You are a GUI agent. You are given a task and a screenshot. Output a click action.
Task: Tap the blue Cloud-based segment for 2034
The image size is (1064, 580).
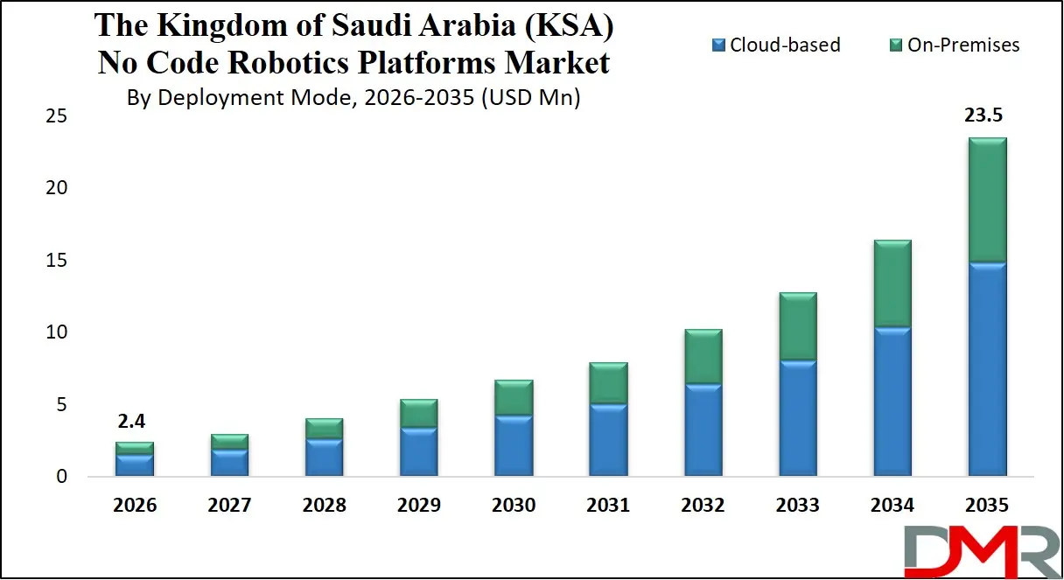(x=892, y=402)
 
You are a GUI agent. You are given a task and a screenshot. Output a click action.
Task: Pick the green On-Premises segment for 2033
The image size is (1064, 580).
(x=797, y=326)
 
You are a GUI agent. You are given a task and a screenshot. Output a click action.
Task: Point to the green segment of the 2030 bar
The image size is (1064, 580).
(x=514, y=397)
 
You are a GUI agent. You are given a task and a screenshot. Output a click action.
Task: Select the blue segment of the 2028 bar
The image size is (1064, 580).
(x=324, y=458)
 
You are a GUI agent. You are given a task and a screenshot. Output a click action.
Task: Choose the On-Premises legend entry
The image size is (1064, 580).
(x=955, y=45)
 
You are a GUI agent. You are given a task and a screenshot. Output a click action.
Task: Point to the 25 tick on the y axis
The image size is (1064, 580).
(x=57, y=115)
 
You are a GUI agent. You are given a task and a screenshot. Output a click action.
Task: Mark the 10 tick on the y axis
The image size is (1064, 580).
(x=57, y=332)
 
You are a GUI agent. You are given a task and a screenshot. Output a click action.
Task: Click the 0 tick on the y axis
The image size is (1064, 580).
(x=61, y=477)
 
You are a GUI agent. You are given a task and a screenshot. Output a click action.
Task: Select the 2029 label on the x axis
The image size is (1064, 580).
(x=418, y=505)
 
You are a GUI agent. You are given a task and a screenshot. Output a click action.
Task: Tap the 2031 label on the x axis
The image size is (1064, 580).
(x=608, y=505)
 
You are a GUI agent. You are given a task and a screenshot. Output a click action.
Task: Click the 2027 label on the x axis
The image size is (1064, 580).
(x=229, y=505)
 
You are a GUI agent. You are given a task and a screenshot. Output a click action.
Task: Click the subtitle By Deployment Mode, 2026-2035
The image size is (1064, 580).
(x=353, y=97)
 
